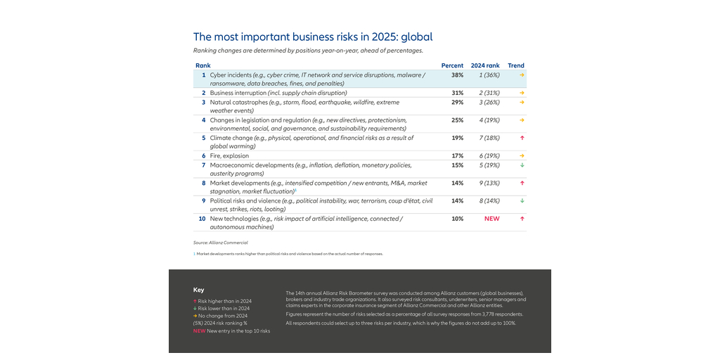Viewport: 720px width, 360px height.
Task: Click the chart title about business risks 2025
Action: (x=313, y=37)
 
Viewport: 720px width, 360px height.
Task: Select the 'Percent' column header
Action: (x=452, y=65)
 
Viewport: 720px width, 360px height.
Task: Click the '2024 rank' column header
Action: (x=485, y=65)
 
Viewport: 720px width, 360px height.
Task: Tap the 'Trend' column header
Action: (x=516, y=65)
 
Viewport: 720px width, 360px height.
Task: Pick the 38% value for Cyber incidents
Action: (x=457, y=75)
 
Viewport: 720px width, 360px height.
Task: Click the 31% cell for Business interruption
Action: (x=457, y=93)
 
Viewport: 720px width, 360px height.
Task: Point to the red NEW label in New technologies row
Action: (x=491, y=219)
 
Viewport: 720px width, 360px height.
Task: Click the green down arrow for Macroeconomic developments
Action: (x=522, y=165)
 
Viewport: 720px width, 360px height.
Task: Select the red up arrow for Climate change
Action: (x=522, y=138)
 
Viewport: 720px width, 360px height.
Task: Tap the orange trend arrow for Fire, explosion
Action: (x=522, y=155)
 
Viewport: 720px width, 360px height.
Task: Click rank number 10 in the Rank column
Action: (x=202, y=219)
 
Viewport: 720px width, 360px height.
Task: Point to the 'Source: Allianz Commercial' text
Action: (x=220, y=243)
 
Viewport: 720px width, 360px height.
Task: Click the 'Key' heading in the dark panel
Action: (x=198, y=290)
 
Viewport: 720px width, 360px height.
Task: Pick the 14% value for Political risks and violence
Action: (x=457, y=200)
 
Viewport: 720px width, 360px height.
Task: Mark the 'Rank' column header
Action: (x=202, y=65)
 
